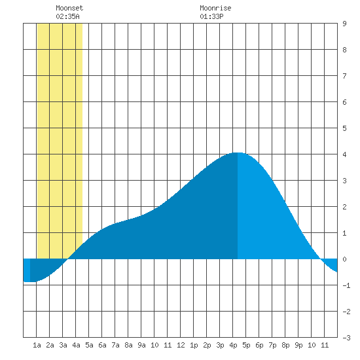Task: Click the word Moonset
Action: pyautogui.click(x=69, y=8)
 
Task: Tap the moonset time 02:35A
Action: pyautogui.click(x=67, y=16)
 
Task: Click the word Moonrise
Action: pyautogui.click(x=215, y=8)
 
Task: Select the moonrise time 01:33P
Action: pyautogui.click(x=211, y=16)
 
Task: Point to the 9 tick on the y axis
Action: pyautogui.click(x=344, y=24)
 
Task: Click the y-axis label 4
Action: pyautogui.click(x=344, y=154)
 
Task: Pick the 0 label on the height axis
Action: pyautogui.click(x=344, y=259)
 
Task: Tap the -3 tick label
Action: pyautogui.click(x=346, y=338)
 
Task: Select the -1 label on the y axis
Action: pyautogui.click(x=346, y=285)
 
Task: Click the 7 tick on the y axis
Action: pyautogui.click(x=344, y=76)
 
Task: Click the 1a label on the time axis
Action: pyautogui.click(x=37, y=345)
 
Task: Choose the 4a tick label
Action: pyautogui.click(x=76, y=345)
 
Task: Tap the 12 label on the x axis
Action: pyautogui.click(x=181, y=345)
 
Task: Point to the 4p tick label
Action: pyautogui.click(x=233, y=345)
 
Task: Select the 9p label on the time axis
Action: pyautogui.click(x=298, y=345)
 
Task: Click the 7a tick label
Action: pyautogui.click(x=115, y=345)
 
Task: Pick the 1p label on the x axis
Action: pyautogui.click(x=194, y=345)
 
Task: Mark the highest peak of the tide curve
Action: pyautogui.click(x=237, y=153)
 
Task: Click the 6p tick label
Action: pyautogui.click(x=259, y=345)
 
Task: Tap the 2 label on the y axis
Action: pyautogui.click(x=344, y=207)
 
